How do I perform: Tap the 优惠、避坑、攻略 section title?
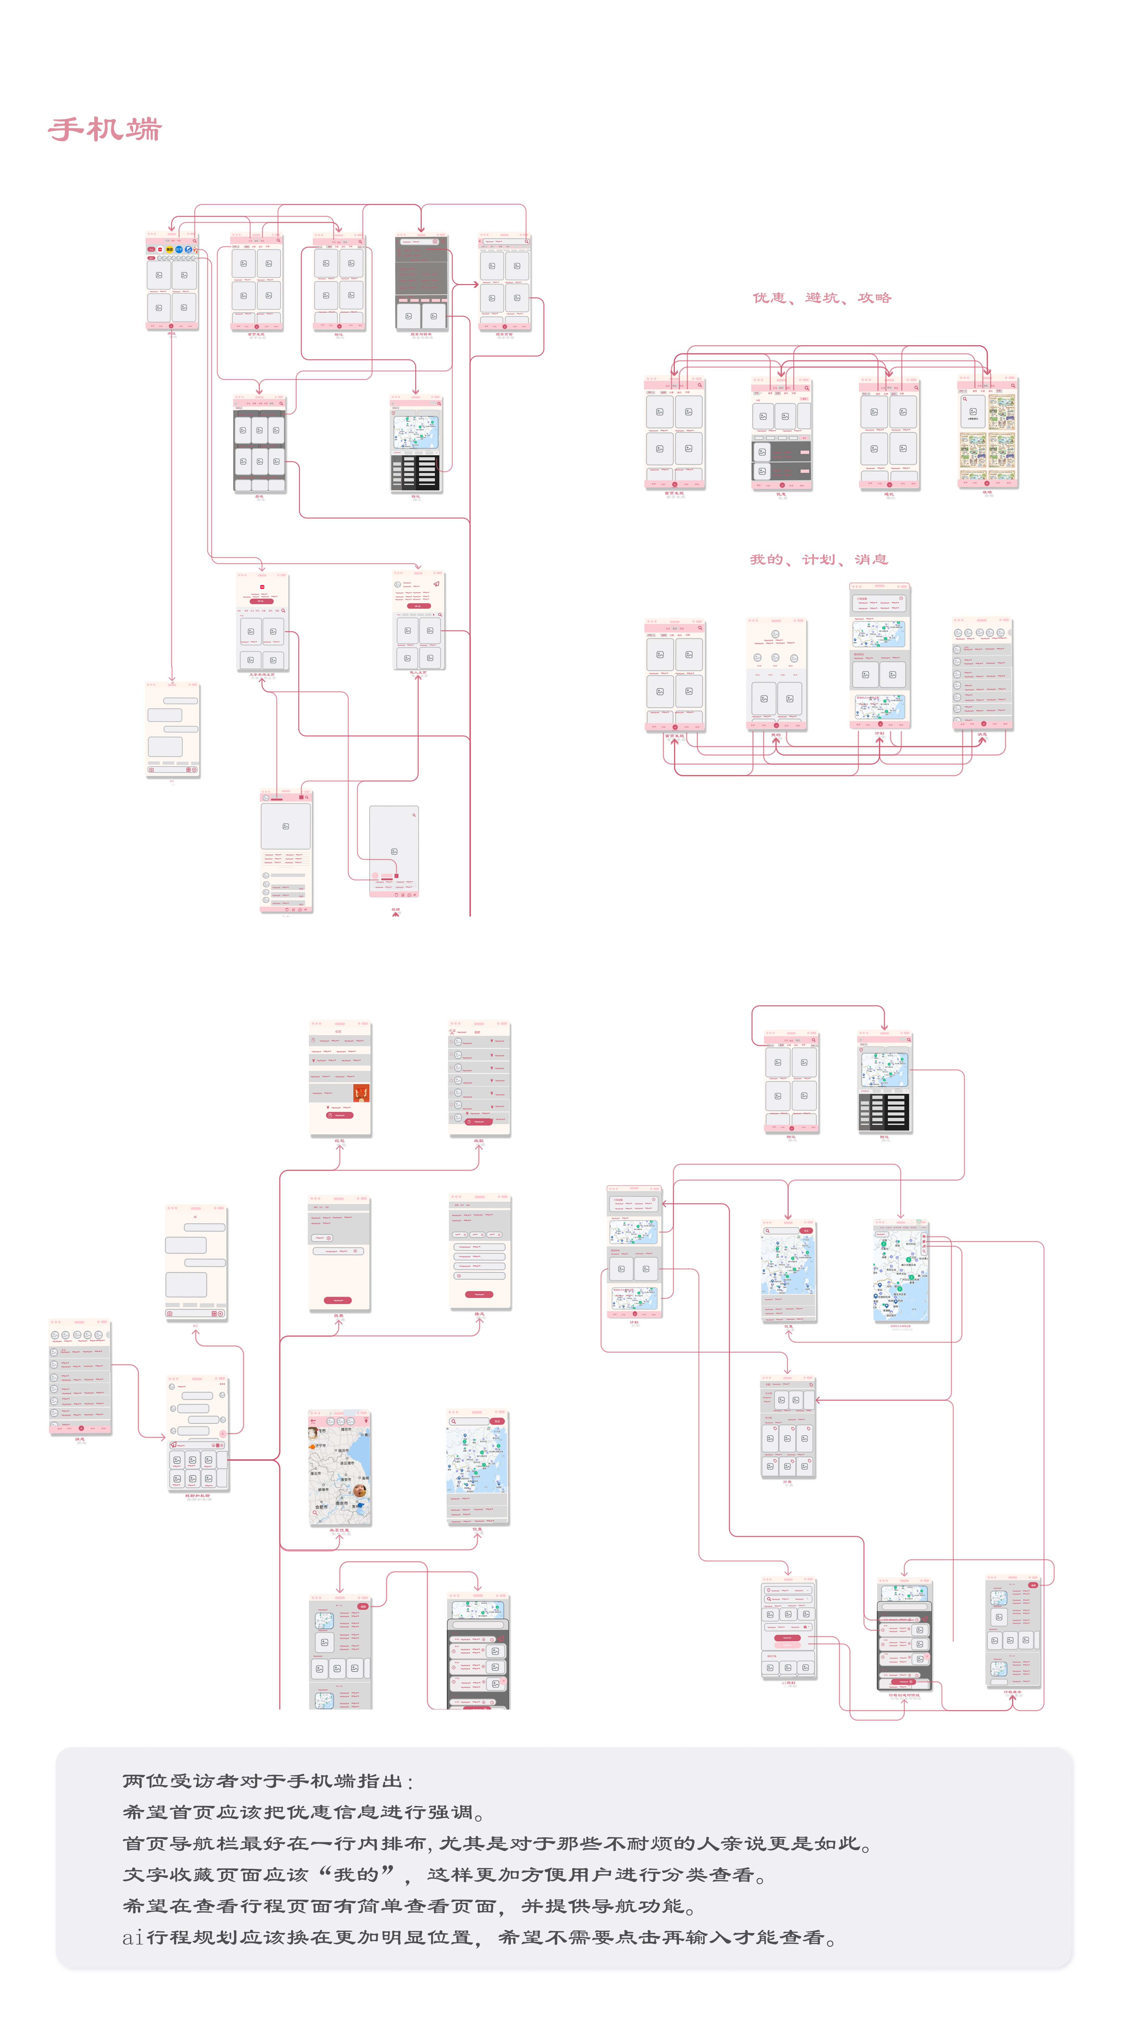point(822,297)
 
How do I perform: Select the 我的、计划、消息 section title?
point(818,559)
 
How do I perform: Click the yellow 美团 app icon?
point(169,249)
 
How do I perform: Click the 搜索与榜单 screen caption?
point(421,334)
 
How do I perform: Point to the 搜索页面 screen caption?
point(504,334)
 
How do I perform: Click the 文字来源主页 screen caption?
point(262,674)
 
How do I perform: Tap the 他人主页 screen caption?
point(418,673)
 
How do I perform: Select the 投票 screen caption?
point(338,1315)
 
